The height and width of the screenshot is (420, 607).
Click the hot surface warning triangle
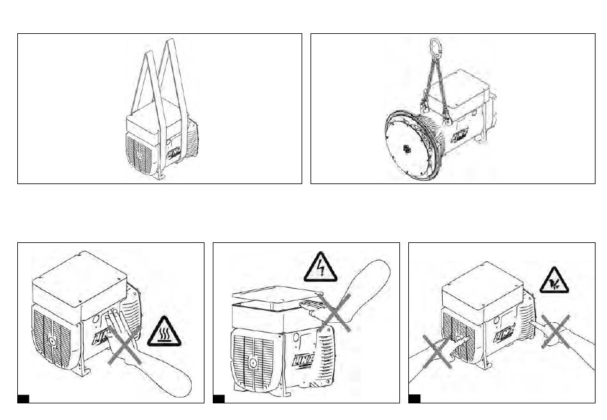pos(164,332)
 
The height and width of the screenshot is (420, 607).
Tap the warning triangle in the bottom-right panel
pos(554,281)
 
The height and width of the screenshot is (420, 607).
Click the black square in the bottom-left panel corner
pos(23,399)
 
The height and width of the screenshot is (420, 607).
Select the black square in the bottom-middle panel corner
pos(219,399)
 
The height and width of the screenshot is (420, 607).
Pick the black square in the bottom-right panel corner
pos(414,399)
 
